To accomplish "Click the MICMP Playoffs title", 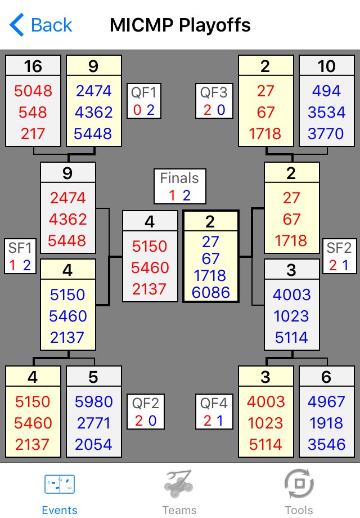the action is click(x=180, y=25).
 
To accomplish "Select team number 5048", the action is click(x=33, y=91).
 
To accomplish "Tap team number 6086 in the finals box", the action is click(x=210, y=292).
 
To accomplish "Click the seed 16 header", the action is click(x=33, y=66).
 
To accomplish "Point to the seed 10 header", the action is click(x=326, y=66).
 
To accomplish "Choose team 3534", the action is click(x=326, y=113).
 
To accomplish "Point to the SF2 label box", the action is click(x=339, y=256).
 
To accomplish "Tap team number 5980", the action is click(x=93, y=402).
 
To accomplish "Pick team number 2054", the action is click(x=93, y=444).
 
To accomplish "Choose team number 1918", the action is click(x=326, y=423).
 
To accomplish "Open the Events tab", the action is click(x=60, y=493).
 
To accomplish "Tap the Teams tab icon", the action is click(x=179, y=484).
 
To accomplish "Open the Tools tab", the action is click(x=299, y=493).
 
